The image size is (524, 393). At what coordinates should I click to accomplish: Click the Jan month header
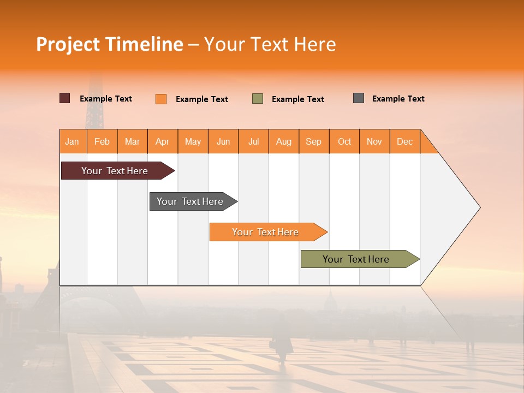click(x=72, y=141)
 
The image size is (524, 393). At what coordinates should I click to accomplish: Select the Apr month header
click(x=162, y=141)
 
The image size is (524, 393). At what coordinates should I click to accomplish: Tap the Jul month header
click(x=253, y=141)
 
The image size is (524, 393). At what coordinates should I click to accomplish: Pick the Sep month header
click(x=313, y=141)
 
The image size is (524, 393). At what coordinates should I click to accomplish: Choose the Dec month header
click(x=404, y=141)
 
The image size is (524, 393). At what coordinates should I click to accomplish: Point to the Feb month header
click(x=102, y=141)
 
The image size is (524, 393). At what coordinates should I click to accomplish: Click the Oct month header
click(x=344, y=141)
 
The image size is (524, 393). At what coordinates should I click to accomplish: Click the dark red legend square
click(x=65, y=98)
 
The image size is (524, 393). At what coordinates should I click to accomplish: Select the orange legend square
click(x=161, y=99)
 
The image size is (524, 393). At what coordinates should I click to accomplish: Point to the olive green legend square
click(x=258, y=99)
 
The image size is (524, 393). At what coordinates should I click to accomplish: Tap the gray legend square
click(x=359, y=98)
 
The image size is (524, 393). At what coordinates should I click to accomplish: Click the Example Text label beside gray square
click(x=398, y=99)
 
